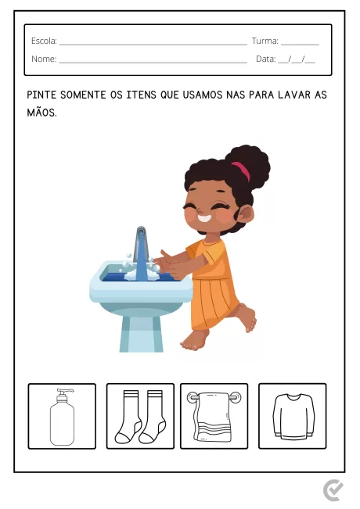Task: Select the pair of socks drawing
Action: point(139,416)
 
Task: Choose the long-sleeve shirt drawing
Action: point(293,415)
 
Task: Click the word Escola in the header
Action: point(43,41)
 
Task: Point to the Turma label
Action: point(265,41)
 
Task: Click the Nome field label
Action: point(44,59)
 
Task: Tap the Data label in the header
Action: point(265,59)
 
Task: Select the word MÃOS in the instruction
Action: point(41,113)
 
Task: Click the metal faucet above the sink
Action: point(141,246)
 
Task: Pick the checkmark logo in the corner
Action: point(333,490)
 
